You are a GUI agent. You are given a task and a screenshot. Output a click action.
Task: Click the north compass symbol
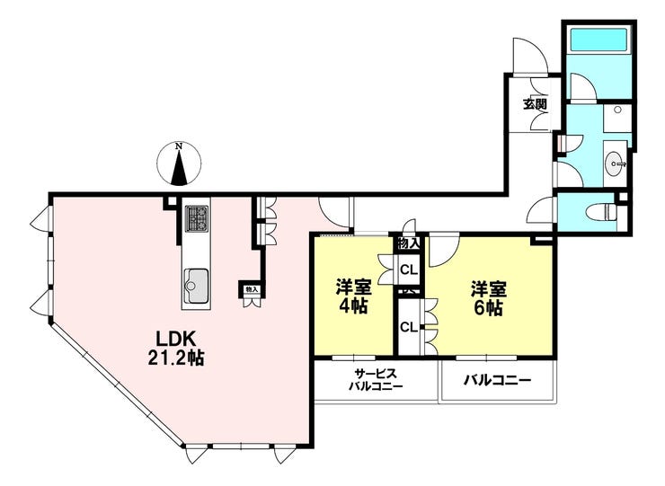click(180, 164)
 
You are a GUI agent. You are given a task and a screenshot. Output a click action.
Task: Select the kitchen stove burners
click(196, 218)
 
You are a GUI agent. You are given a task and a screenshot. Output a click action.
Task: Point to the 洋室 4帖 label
click(353, 297)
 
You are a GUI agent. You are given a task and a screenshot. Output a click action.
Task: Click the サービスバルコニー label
click(376, 379)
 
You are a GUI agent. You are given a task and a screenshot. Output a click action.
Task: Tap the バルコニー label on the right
click(497, 380)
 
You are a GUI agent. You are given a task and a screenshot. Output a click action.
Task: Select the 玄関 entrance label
click(536, 103)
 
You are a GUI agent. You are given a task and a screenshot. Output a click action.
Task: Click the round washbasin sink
click(615, 163)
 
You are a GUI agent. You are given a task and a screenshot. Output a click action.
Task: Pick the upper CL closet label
click(408, 268)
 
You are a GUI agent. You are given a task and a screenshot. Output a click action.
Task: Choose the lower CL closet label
click(408, 327)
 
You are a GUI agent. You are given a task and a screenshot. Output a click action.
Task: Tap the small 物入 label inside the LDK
click(251, 290)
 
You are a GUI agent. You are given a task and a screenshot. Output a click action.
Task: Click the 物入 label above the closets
click(408, 243)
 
